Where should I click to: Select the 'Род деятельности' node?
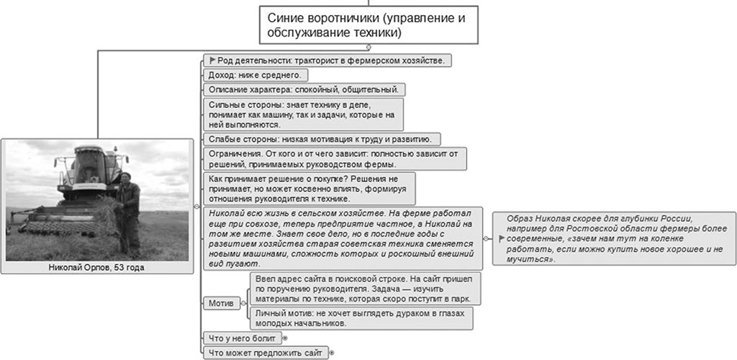coord(328,60)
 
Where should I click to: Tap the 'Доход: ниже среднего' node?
coord(256,75)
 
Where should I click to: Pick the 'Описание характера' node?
coord(304,90)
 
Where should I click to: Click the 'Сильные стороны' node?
coord(302,114)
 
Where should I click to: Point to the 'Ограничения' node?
coord(333,158)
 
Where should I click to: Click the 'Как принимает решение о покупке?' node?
coord(308,188)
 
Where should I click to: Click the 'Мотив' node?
coord(220,303)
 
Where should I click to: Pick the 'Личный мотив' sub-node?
coord(361,318)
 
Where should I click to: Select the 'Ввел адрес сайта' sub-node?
coord(365,288)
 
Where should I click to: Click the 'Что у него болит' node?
coord(242,337)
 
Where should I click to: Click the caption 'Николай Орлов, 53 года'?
coord(99,268)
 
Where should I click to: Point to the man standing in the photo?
coord(130,205)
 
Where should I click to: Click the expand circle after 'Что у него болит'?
coord(285,337)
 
